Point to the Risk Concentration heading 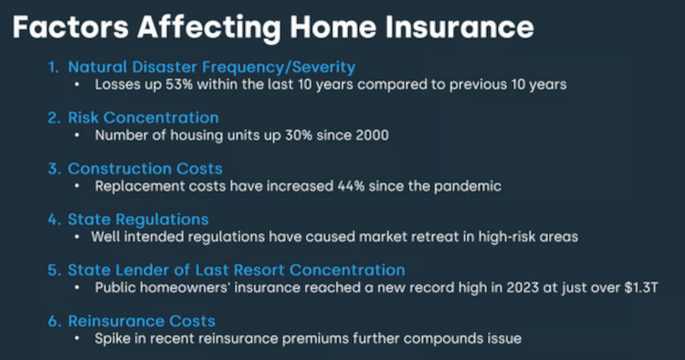click(143, 118)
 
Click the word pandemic click(466, 186)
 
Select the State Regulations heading click(138, 219)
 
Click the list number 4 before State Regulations click(54, 219)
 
